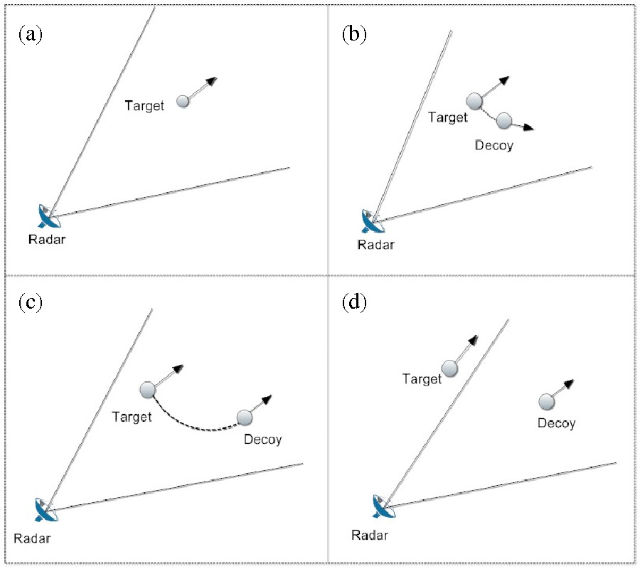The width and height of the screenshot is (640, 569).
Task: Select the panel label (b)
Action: click(354, 35)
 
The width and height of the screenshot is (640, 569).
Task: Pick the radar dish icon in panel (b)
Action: click(371, 221)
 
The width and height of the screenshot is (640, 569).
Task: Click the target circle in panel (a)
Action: click(183, 102)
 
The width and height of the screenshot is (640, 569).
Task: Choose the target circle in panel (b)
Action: click(474, 102)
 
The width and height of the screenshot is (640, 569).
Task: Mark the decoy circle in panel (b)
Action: click(504, 121)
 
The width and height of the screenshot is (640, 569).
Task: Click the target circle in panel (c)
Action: click(148, 390)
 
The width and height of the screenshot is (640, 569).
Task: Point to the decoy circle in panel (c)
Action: click(245, 417)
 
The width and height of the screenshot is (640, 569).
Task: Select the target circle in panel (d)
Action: click(449, 368)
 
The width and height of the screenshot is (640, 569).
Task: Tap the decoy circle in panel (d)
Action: click(546, 403)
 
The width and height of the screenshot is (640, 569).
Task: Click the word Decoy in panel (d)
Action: click(556, 423)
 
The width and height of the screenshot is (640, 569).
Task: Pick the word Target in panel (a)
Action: click(144, 106)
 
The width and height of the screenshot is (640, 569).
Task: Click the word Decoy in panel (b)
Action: click(494, 145)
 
